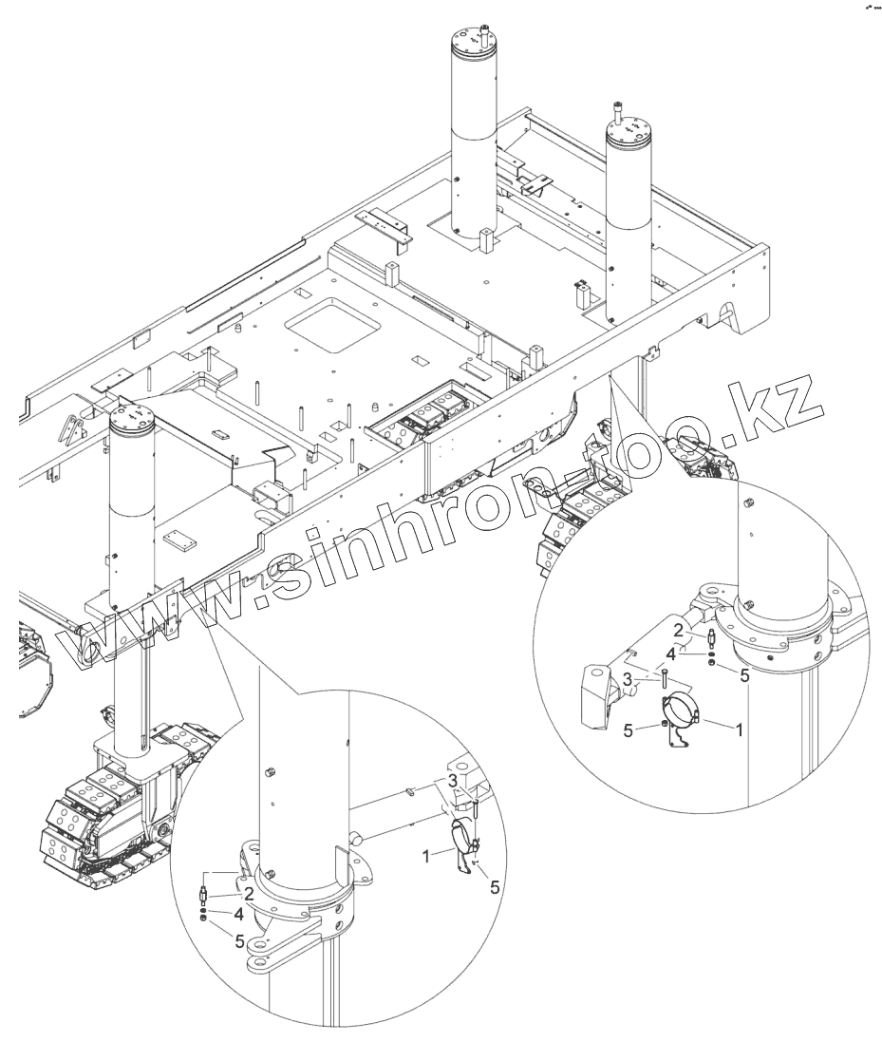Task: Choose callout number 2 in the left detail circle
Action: pyautogui.click(x=247, y=894)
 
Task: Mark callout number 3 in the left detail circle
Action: pyautogui.click(x=453, y=780)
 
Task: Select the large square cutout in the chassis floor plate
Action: pyautogui.click(x=327, y=324)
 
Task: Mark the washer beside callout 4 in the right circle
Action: pyautogui.click(x=711, y=653)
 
